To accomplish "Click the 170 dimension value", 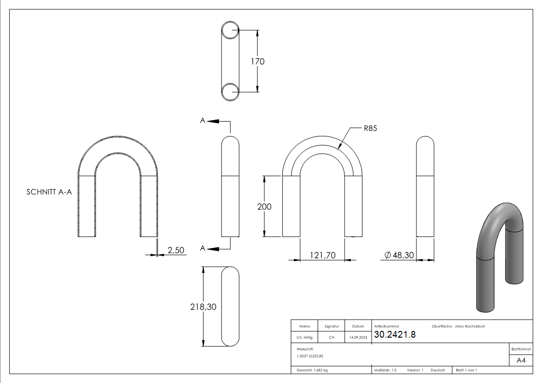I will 257,62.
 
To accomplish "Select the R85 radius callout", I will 370,128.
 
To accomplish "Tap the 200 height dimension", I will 264,206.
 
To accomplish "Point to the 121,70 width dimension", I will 322,255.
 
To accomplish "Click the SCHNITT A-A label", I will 49,191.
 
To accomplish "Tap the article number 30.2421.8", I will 395,335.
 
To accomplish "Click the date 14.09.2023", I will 358,338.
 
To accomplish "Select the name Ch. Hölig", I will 304,338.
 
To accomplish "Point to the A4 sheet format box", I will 521,360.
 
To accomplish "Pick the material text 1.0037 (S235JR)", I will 310,356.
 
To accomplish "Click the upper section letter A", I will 203,121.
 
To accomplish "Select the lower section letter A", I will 203,248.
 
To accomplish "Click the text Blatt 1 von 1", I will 466,370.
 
